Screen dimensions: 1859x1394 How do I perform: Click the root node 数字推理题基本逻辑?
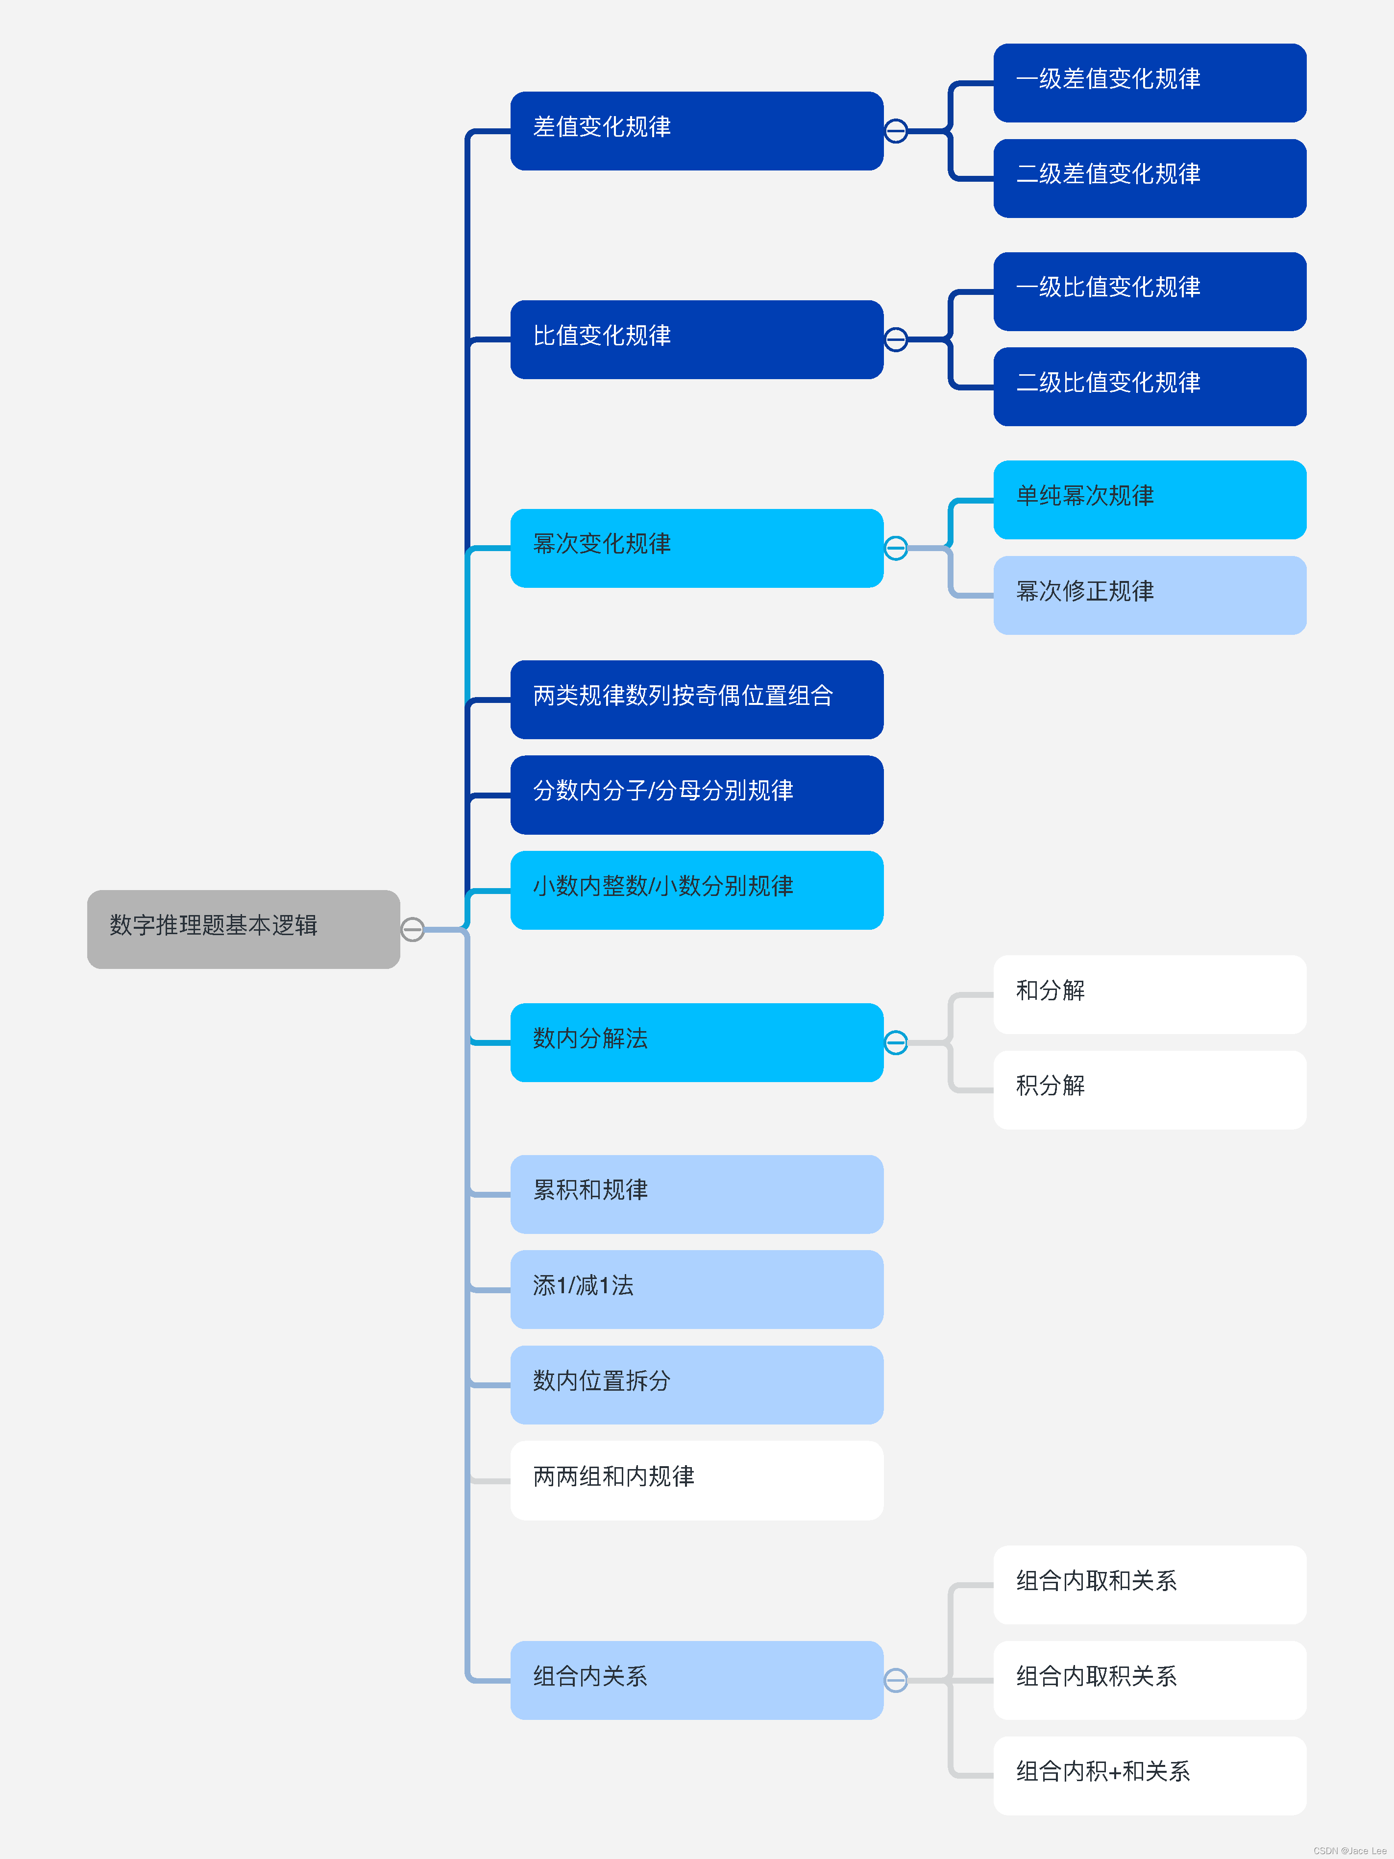[243, 929]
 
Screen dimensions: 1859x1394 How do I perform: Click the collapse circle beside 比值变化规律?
[896, 339]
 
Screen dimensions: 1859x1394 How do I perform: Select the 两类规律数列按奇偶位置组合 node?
[696, 699]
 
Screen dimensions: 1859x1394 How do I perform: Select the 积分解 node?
[1149, 1089]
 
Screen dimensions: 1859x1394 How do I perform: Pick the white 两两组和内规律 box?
[696, 1480]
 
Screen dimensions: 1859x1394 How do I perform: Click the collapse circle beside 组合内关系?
[896, 1680]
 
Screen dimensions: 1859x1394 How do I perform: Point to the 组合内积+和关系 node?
[1149, 1775]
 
